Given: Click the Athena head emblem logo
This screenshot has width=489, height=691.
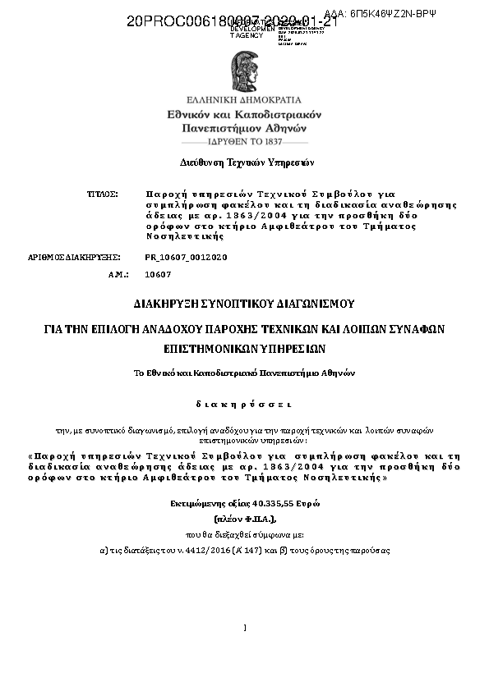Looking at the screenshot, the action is (x=244, y=71).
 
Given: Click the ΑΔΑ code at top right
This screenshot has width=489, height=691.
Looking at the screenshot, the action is (x=404, y=13).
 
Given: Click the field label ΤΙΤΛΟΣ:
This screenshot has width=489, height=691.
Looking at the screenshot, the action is (x=104, y=194).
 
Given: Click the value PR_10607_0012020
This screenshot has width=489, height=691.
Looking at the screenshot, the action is (x=186, y=257).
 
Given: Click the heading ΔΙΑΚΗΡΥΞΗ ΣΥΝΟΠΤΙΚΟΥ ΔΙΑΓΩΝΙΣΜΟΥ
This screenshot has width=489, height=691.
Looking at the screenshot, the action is (x=244, y=304).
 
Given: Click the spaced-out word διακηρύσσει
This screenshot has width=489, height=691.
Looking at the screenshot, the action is (x=243, y=404).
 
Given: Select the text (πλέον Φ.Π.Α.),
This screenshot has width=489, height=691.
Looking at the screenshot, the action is (x=245, y=519).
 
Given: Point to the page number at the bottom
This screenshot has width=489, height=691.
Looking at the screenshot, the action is (x=245, y=628).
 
